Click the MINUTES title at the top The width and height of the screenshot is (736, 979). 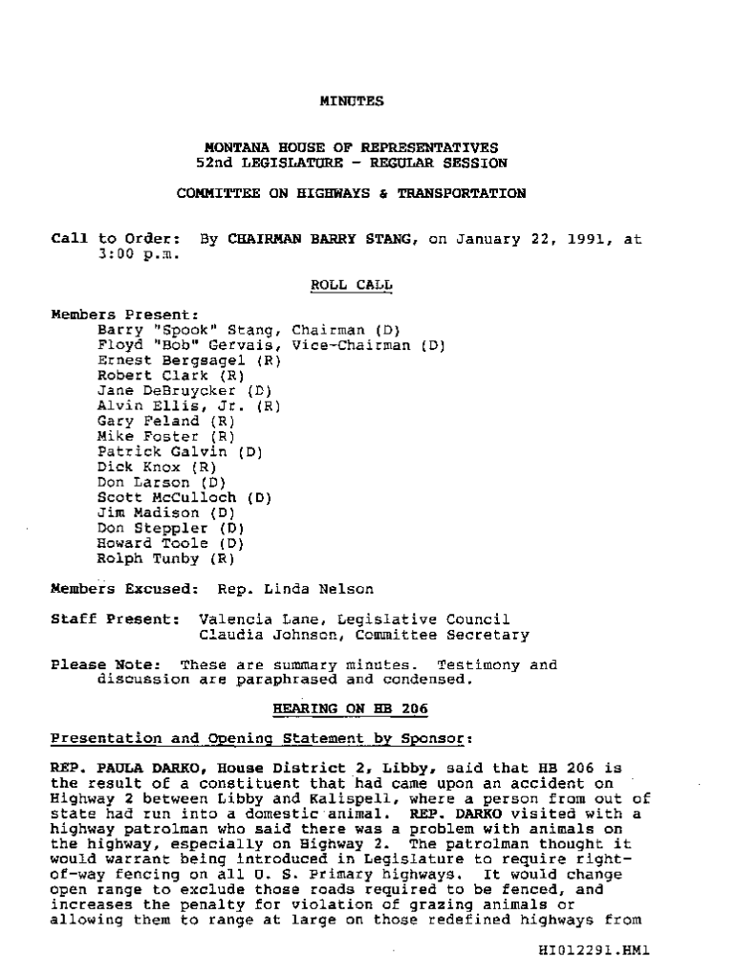point(351,99)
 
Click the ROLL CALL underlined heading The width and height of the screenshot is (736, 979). point(351,285)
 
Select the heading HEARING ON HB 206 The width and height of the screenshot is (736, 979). point(351,707)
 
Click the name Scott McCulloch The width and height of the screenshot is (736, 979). point(168,498)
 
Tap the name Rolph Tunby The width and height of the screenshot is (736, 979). point(147,558)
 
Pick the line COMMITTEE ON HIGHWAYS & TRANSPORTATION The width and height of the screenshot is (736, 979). point(351,193)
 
